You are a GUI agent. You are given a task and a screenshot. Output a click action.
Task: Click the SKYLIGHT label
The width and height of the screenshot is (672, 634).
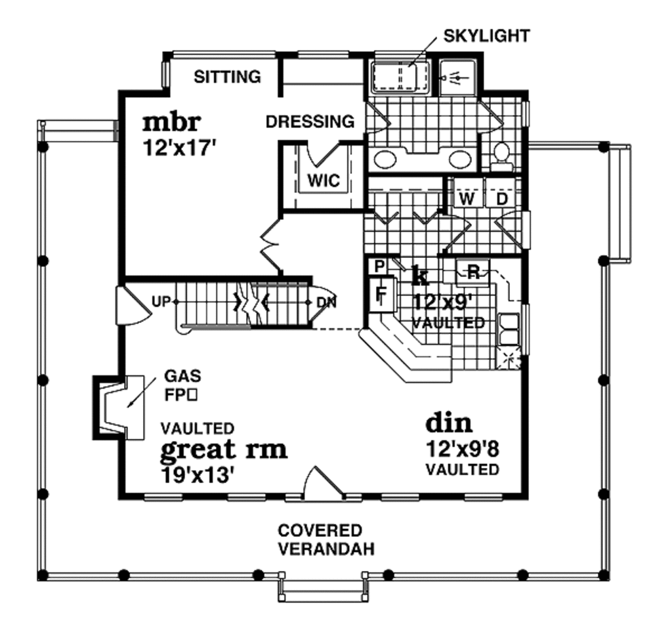point(486,35)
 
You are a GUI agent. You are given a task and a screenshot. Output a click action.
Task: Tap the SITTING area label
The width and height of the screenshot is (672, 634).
point(228,77)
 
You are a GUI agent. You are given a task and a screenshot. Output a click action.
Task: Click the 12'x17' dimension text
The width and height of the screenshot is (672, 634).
point(179,147)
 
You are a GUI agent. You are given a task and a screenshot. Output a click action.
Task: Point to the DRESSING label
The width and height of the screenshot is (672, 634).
point(310,121)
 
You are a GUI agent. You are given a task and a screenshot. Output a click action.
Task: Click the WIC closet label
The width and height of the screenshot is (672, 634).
point(324,180)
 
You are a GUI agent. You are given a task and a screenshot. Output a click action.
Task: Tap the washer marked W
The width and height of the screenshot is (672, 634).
point(467,199)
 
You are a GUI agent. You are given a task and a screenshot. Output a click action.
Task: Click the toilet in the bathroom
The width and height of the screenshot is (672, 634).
point(502,154)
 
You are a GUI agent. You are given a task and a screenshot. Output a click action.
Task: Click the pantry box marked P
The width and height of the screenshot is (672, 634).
point(379,266)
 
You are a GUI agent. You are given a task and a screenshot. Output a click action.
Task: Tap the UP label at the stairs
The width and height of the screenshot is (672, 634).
point(161,301)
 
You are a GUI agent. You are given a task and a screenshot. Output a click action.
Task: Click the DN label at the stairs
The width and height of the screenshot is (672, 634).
point(326,302)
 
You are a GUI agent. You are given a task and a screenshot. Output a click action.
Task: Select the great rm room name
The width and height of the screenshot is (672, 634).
point(223,450)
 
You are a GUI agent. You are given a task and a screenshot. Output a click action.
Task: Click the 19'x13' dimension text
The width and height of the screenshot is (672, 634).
point(198,475)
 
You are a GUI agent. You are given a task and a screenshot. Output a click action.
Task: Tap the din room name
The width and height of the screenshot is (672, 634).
point(449,423)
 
